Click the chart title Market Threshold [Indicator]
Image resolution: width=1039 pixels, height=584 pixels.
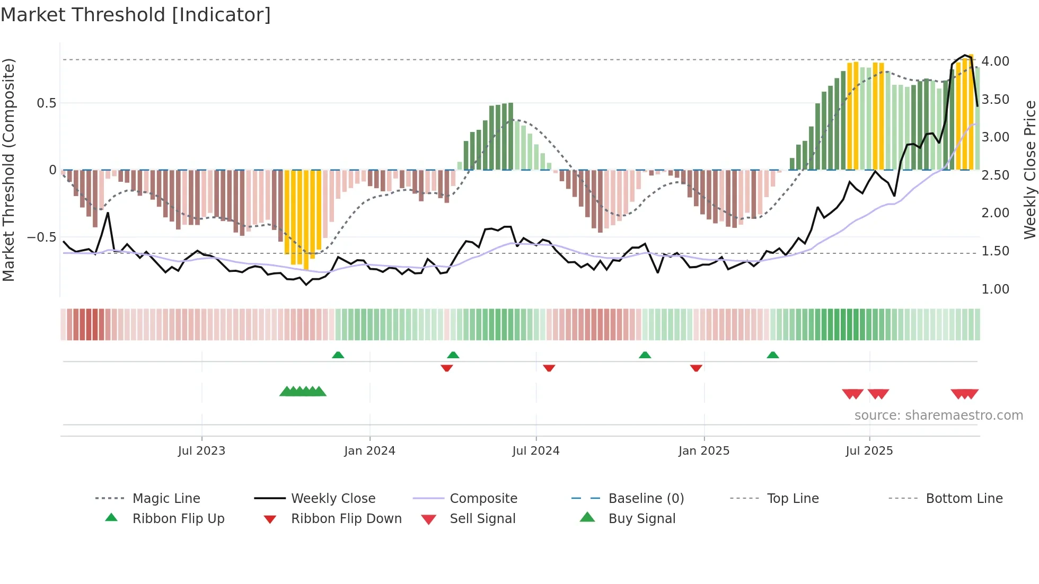pyautogui.click(x=136, y=15)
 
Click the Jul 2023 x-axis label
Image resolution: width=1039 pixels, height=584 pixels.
pyautogui.click(x=201, y=451)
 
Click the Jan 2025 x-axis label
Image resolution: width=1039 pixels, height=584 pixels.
pyautogui.click(x=703, y=451)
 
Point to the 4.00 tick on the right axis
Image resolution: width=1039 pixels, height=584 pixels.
pyautogui.click(x=995, y=61)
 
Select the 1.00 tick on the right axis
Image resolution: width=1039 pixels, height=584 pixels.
pyautogui.click(x=995, y=289)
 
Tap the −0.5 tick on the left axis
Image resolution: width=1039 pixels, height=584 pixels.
pyautogui.click(x=42, y=237)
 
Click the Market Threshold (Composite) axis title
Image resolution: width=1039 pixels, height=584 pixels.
pyautogui.click(x=8, y=170)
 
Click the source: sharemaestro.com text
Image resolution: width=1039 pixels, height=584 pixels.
pyautogui.click(x=938, y=415)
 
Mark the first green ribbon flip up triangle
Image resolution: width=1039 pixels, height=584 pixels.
pyautogui.click(x=338, y=355)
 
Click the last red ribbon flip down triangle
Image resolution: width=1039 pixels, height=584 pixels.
pyautogui.click(x=696, y=368)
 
